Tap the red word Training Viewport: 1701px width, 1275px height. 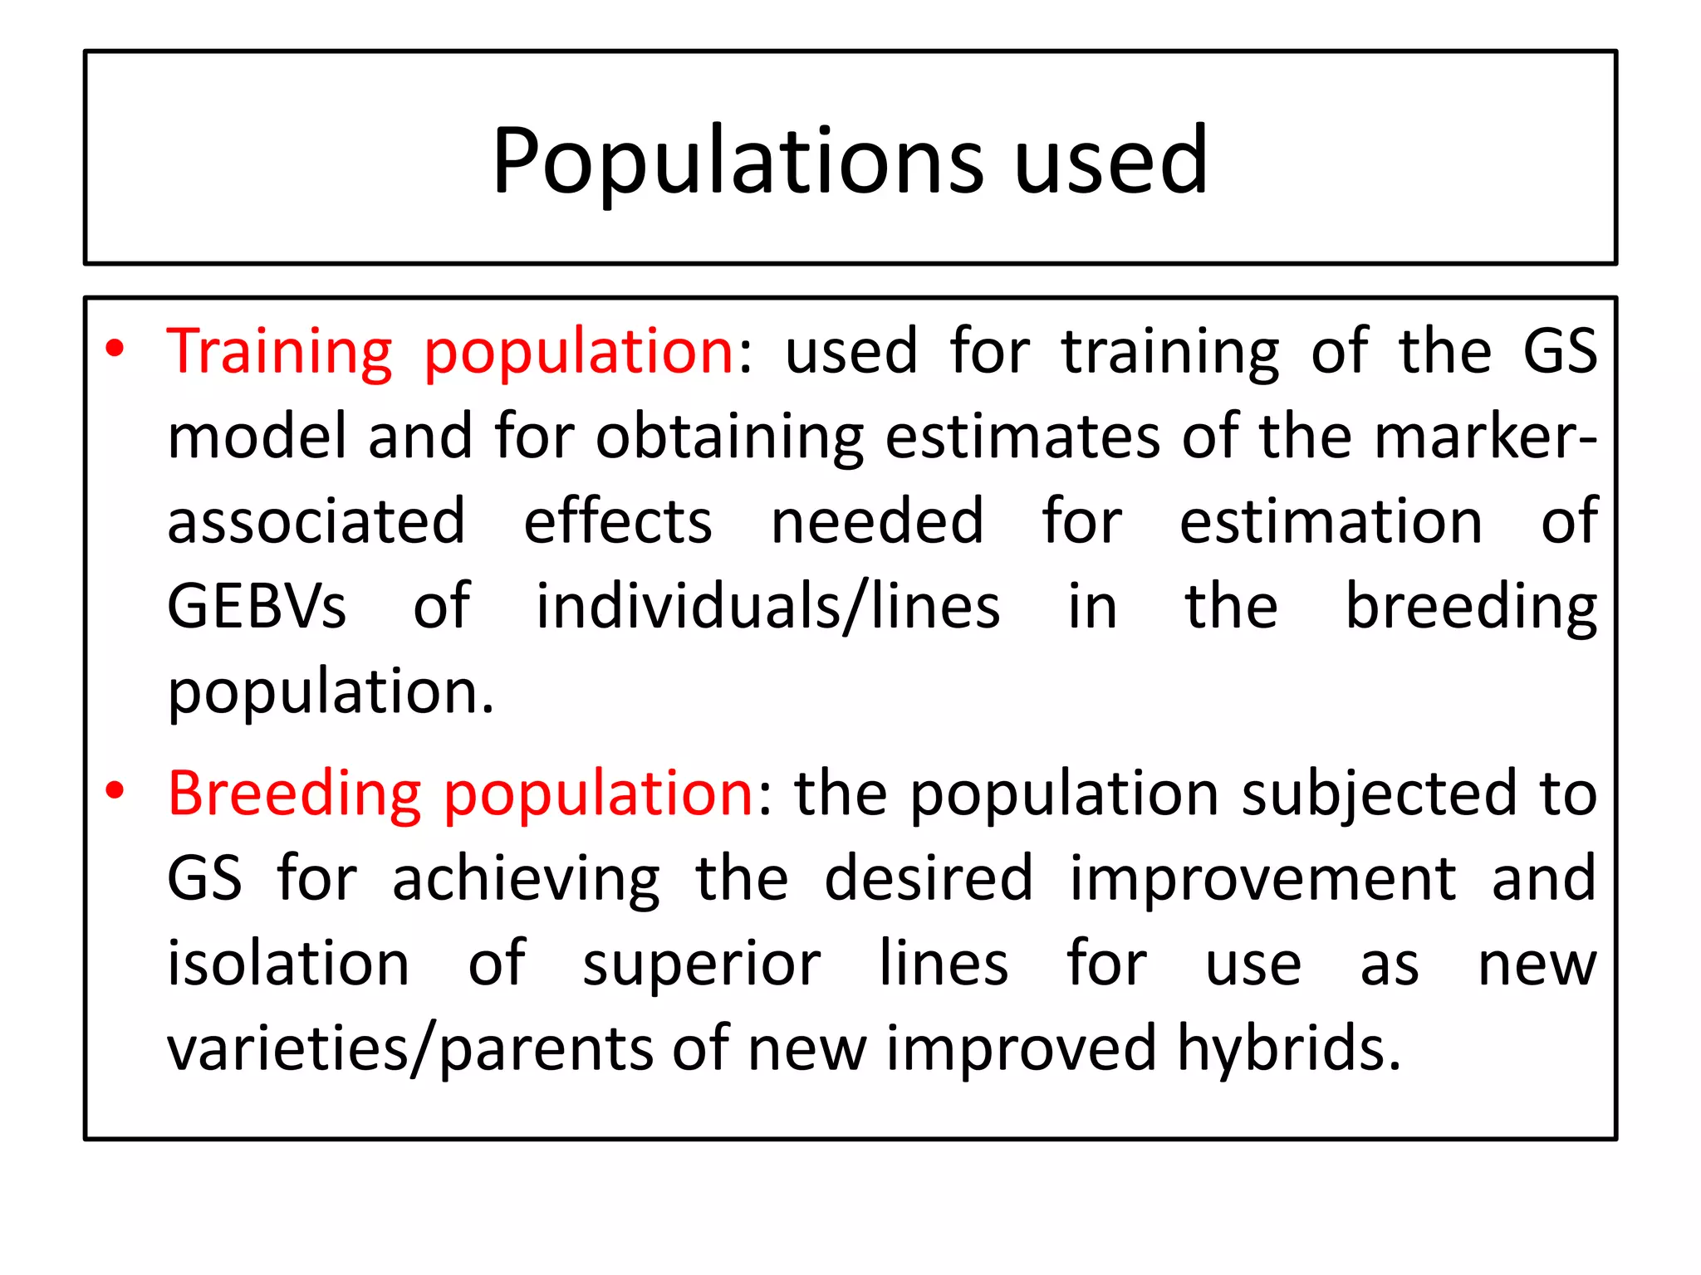pos(279,353)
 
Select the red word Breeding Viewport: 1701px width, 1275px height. pos(294,794)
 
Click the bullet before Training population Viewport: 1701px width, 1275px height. pos(115,349)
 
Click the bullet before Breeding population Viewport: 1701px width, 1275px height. pos(115,791)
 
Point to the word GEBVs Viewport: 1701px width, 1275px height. pos(256,607)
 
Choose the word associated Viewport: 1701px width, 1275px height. pos(316,522)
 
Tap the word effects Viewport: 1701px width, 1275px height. pos(617,522)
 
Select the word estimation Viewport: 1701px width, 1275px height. pos(1331,522)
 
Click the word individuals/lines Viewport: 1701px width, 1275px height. pos(767,607)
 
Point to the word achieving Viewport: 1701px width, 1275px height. pos(526,880)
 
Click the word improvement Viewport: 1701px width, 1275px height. pos(1262,880)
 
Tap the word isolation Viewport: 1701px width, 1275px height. pos(288,965)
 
